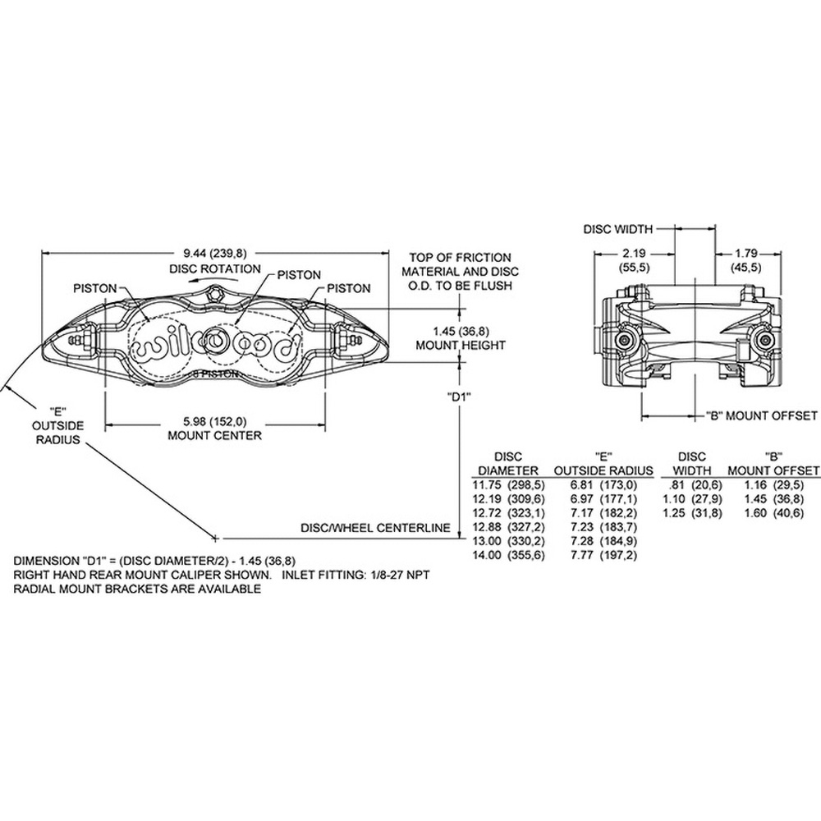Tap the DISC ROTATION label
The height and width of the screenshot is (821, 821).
click(214, 269)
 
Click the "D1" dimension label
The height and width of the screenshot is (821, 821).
click(459, 397)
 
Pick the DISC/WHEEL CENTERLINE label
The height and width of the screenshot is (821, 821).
click(375, 528)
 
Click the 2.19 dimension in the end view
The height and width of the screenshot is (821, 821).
click(634, 254)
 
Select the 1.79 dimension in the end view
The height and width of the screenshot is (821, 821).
click(746, 254)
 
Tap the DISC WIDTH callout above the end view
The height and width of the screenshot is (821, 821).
click(618, 229)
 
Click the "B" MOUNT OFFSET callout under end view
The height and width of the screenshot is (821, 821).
click(761, 416)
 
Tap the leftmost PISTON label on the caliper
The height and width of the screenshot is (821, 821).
click(94, 288)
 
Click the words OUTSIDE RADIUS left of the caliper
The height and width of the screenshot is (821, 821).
click(58, 433)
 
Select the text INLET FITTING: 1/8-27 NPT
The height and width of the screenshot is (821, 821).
click(356, 575)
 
